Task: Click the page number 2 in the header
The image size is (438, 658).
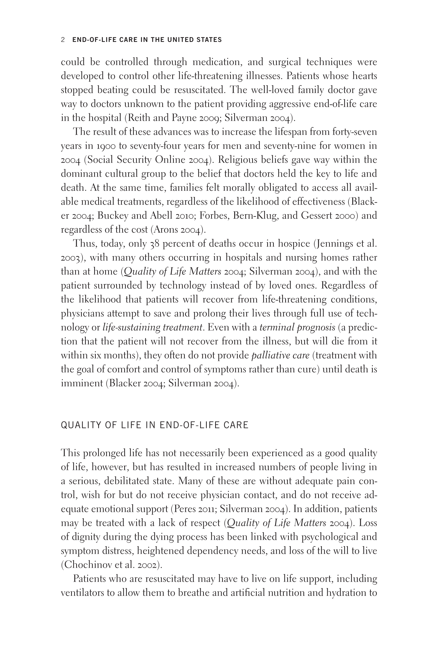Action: pos(63,40)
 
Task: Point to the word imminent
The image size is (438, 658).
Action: pos(82,383)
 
